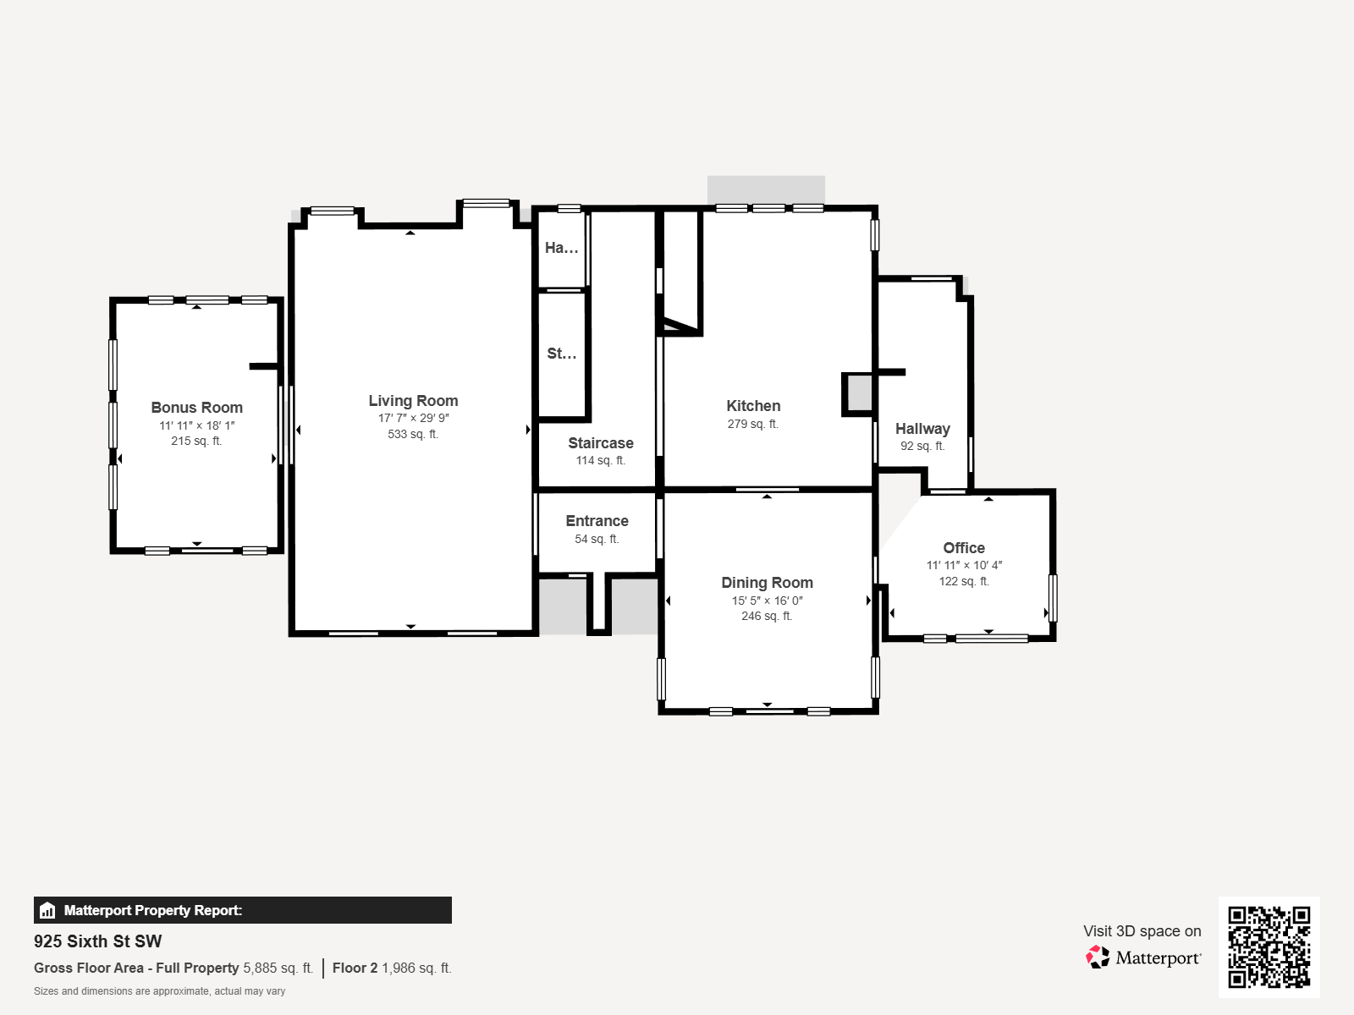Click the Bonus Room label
[196, 408]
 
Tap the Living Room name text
[413, 401]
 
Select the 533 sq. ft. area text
[413, 434]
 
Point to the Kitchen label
[753, 406]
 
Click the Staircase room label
[600, 443]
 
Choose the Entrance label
[597, 521]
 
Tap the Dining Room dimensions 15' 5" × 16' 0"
[767, 601]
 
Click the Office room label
[964, 548]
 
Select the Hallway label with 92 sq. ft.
[922, 429]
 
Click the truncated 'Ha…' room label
[561, 248]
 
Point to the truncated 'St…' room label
[561, 354]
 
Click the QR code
[1269, 946]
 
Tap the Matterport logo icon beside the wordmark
[1098, 957]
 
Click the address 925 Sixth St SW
[97, 941]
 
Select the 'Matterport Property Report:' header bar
[242, 910]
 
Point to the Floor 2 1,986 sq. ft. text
[392, 968]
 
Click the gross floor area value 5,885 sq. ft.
[278, 968]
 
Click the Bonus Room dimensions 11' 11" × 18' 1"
[196, 425]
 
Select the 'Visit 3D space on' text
[1142, 931]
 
